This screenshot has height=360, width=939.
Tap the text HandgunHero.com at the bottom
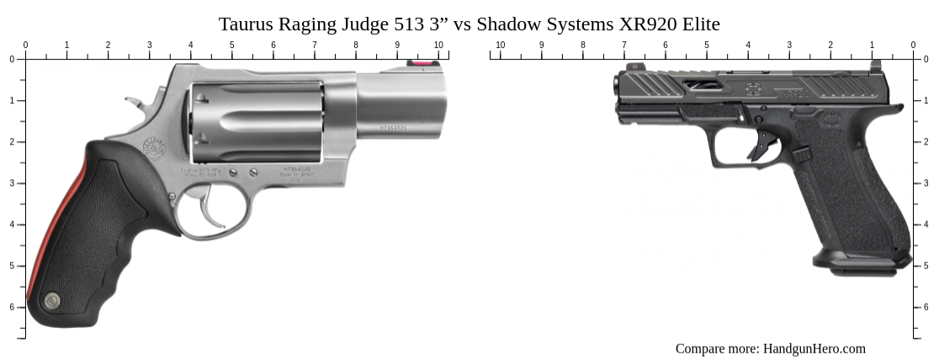814,348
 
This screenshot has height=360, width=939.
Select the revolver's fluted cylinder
257,122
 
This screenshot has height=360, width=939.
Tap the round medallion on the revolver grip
52,299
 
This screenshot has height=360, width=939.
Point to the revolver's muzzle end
441,105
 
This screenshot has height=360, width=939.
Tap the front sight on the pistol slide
626,68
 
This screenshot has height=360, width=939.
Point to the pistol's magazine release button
800,155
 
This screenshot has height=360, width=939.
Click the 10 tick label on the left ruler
438,45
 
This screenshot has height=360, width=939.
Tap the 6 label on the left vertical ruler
12,307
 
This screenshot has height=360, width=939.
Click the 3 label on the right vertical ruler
926,183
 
